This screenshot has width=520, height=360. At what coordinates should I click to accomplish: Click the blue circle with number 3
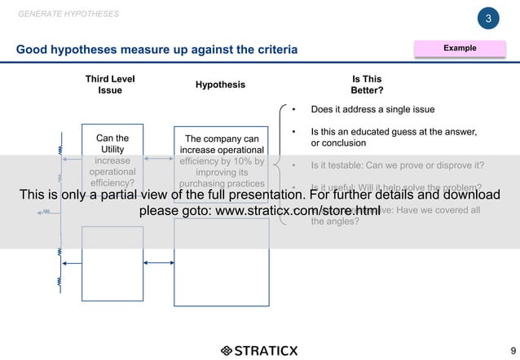(487, 19)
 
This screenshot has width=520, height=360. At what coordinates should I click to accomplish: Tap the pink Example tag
(460, 49)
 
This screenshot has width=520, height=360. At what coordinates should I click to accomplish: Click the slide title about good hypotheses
(157, 50)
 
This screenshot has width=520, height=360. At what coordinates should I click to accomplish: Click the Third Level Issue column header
(110, 85)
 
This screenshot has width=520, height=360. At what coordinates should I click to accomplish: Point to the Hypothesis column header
(220, 85)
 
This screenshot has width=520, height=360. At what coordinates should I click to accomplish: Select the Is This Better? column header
(366, 85)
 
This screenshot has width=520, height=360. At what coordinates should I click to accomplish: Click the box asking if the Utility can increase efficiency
(112, 155)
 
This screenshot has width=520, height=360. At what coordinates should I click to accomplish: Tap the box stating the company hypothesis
(222, 155)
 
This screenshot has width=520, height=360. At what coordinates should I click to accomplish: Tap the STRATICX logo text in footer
(267, 351)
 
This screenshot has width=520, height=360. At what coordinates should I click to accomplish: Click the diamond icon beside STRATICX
(226, 351)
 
